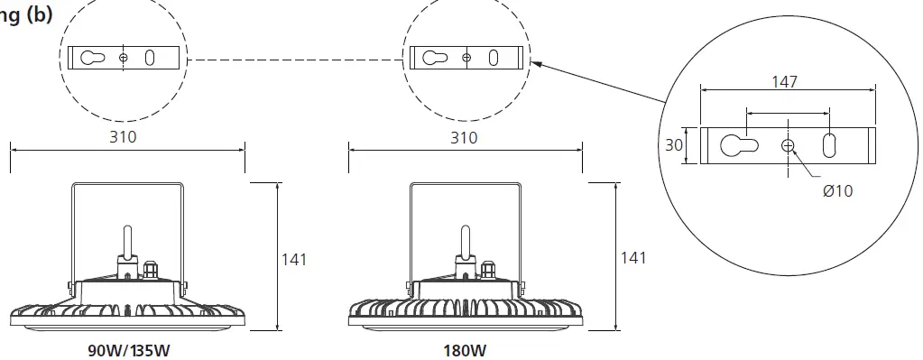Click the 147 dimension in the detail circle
point(784,81)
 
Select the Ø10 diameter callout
point(836,190)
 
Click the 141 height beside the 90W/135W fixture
point(294,259)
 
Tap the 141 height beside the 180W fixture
point(634,258)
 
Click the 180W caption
point(465,350)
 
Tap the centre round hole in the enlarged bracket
point(789,146)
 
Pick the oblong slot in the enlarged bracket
point(830,145)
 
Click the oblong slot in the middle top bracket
point(494,58)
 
